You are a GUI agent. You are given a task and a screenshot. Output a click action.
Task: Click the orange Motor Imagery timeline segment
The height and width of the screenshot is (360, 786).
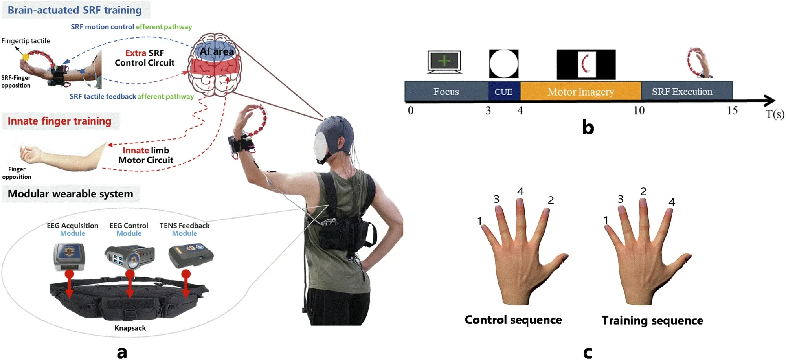581,91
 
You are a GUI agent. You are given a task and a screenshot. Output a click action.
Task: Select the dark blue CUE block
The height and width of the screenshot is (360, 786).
504,91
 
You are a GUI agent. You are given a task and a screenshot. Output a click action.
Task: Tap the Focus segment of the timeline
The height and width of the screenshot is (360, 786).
446,91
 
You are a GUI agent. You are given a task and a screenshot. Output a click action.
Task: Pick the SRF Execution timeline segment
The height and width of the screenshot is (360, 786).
687,91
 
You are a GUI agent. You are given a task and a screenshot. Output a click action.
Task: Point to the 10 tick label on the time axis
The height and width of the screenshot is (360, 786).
639,110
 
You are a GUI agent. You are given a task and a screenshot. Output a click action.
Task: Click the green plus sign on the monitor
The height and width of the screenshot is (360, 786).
444,61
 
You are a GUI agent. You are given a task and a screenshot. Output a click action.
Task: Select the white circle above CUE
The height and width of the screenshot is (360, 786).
504,64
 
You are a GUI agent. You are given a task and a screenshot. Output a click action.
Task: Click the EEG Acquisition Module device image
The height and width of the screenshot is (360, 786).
69,257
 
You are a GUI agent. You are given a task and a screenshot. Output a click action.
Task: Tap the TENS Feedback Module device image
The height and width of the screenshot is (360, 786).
191,256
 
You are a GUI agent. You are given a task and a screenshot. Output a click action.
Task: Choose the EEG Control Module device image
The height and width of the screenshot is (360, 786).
130,257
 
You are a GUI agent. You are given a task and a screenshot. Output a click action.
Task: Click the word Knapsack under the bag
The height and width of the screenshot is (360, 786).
130,328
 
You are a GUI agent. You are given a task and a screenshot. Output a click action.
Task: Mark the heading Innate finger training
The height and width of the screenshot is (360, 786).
59,121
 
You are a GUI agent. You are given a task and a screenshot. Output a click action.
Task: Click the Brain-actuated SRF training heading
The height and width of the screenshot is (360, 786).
75,10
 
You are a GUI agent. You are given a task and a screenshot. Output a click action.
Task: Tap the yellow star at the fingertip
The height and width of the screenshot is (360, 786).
26,57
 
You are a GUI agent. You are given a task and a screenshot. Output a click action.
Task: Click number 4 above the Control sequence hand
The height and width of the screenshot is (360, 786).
520,191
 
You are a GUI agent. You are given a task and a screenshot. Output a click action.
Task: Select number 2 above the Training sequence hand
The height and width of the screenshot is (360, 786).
643,191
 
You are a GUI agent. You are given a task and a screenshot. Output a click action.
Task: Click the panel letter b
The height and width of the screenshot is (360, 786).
588,127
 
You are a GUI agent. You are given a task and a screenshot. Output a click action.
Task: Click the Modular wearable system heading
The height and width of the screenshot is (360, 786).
70,194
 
